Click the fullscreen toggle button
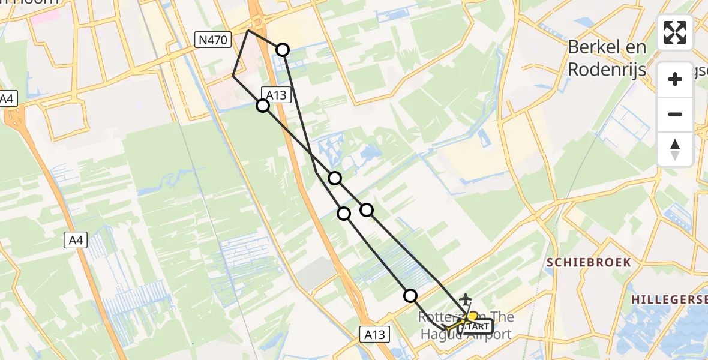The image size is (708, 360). pyautogui.click(x=675, y=32)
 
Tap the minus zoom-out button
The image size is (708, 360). pyautogui.click(x=675, y=114)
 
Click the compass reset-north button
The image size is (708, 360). pyautogui.click(x=675, y=149)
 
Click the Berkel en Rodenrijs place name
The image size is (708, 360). pyautogui.click(x=607, y=58)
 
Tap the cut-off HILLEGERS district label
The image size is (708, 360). pyautogui.click(x=668, y=298)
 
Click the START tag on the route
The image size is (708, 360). pyautogui.click(x=476, y=326)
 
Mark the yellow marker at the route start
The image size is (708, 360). pyautogui.click(x=473, y=316)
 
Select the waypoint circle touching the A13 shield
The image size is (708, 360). pyautogui.click(x=263, y=106)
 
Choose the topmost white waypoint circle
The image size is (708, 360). pyautogui.click(x=282, y=50)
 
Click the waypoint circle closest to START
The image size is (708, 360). pyautogui.click(x=410, y=295)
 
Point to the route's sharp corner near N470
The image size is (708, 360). pyautogui.click(x=248, y=29)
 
